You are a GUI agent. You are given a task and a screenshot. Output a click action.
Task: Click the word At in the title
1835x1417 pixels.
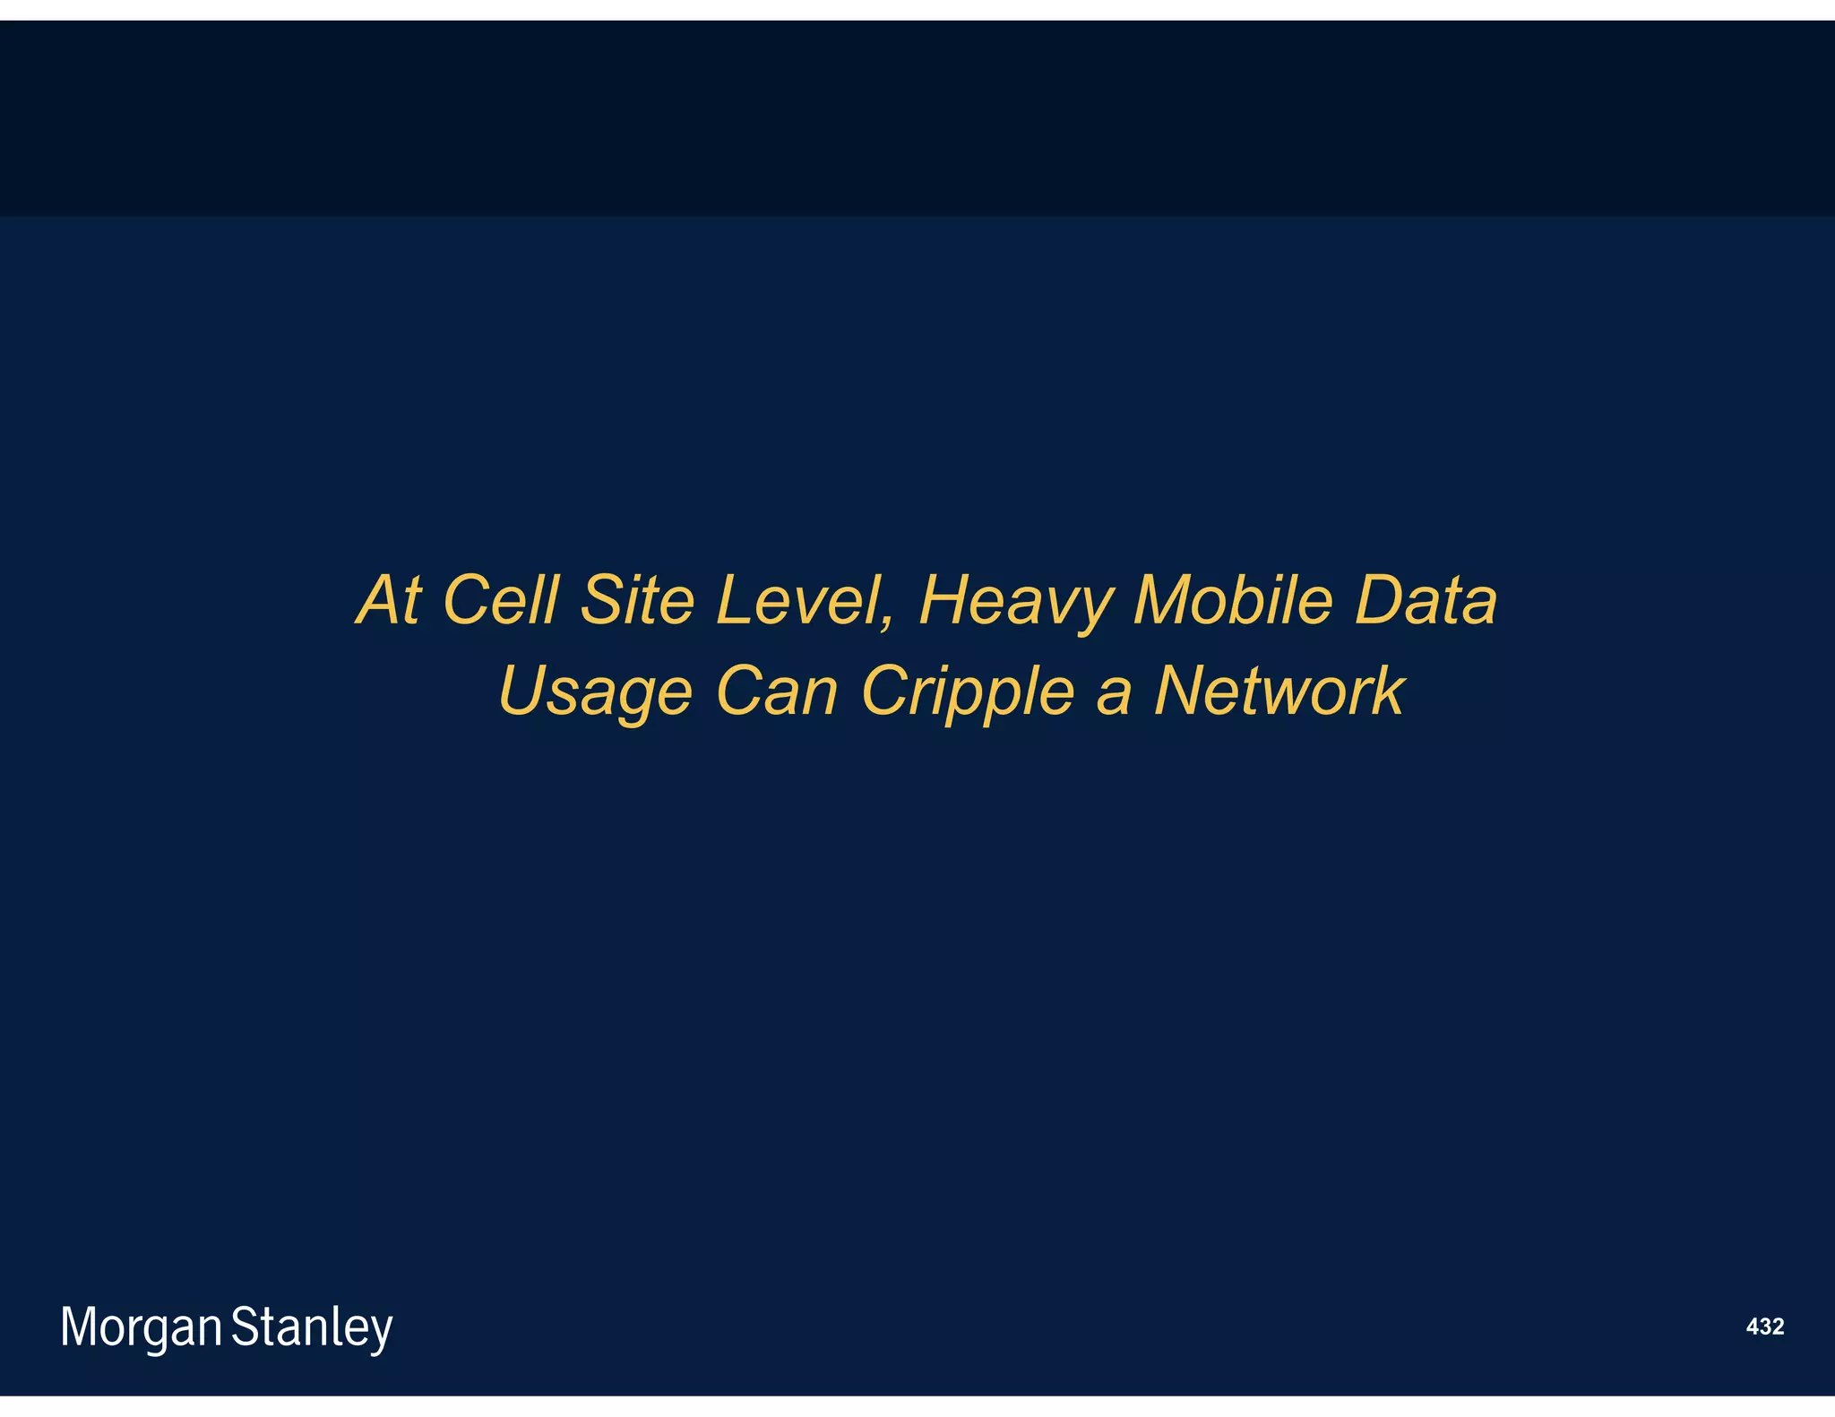click(389, 600)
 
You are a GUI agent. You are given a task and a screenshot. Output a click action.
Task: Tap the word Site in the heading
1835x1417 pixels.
click(637, 600)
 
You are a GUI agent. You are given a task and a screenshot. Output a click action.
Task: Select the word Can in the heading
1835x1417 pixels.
click(777, 691)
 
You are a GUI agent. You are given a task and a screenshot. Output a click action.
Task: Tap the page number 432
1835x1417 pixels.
click(1764, 1327)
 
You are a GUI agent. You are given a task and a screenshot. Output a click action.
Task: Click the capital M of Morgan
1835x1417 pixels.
click(78, 1327)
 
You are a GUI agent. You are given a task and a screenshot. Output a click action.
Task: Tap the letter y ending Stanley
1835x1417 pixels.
click(381, 1332)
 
